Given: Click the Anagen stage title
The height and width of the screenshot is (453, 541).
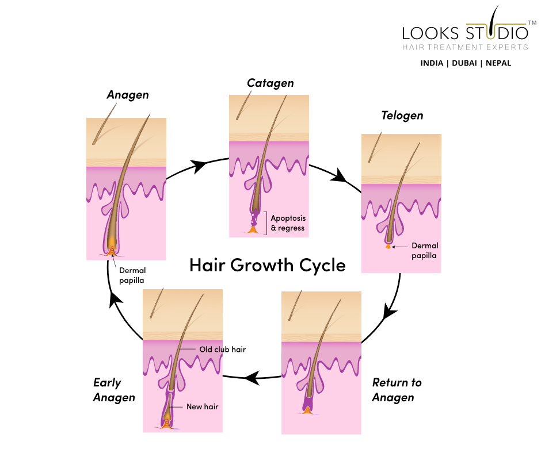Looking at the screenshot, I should click(127, 95).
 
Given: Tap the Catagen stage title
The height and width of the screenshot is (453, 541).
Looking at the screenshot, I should click(270, 83).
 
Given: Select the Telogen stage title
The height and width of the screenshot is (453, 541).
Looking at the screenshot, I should click(402, 116).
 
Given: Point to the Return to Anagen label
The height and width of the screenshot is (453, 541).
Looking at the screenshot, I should click(397, 390).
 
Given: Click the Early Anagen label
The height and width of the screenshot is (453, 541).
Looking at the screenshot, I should click(114, 390).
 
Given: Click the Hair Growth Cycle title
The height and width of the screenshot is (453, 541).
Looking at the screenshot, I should click(268, 265).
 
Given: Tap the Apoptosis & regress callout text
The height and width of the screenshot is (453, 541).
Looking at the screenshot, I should click(288, 223).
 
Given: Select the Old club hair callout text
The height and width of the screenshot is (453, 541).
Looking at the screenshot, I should click(223, 350).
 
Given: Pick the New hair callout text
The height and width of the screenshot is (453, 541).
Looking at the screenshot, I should click(202, 406).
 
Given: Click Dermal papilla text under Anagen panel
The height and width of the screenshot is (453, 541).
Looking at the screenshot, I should click(132, 275).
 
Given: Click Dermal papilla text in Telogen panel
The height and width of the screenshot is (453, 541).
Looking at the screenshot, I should click(425, 251).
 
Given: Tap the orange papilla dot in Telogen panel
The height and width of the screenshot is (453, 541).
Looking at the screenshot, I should click(388, 247).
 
